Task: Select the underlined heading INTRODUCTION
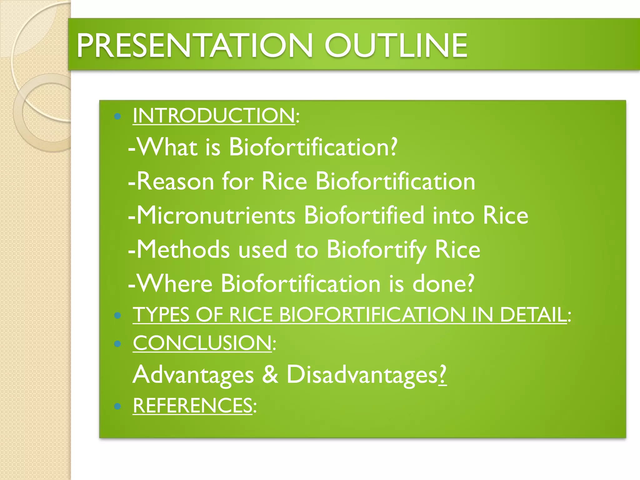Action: click(214, 116)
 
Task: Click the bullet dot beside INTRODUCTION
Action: click(117, 117)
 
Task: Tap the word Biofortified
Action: click(364, 215)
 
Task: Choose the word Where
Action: click(175, 283)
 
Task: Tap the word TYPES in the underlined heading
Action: click(161, 314)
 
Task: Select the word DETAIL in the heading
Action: click(533, 314)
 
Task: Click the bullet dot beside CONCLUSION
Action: click(117, 344)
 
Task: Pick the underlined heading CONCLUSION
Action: click(202, 343)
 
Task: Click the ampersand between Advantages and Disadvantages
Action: click(270, 374)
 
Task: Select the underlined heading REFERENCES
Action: click(192, 406)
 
